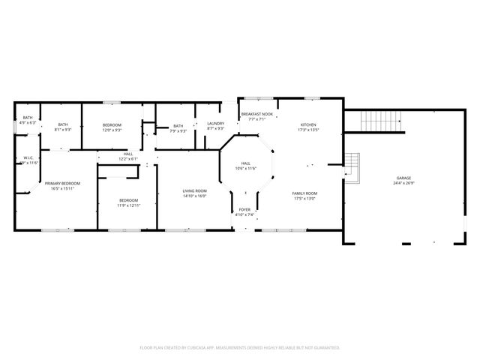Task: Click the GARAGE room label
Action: click(403, 178)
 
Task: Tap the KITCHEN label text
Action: click(308, 124)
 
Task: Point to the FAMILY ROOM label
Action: click(304, 193)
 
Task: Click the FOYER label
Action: click(245, 209)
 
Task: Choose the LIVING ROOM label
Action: click(194, 191)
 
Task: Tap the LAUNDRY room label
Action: click(216, 124)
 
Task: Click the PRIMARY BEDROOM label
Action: click(62, 183)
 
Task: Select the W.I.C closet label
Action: click(27, 157)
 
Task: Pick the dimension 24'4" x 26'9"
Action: click(403, 183)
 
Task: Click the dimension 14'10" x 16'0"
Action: click(194, 196)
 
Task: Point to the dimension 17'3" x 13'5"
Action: click(308, 130)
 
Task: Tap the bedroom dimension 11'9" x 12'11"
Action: click(128, 205)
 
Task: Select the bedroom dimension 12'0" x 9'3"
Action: click(112, 130)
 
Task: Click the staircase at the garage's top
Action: click(382, 120)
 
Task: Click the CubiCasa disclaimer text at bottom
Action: click(240, 348)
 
